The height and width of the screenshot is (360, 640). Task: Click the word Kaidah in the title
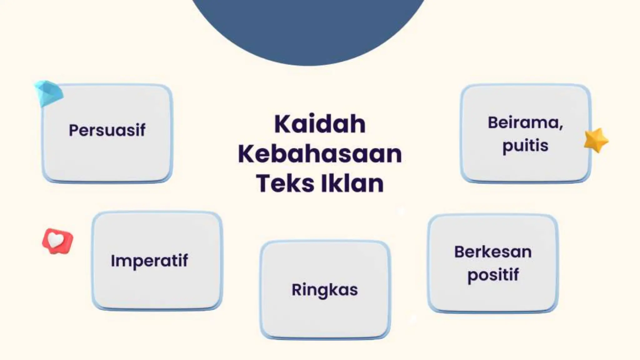tap(320, 124)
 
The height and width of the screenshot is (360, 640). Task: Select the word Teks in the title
tap(285, 183)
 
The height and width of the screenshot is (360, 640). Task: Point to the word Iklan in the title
tap(352, 183)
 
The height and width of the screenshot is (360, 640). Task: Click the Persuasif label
tap(107, 130)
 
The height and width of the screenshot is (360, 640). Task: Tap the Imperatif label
tap(149, 261)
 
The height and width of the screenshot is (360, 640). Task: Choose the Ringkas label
tap(325, 290)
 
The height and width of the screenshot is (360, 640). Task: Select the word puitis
tap(525, 146)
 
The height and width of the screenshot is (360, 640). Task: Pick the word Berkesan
tap(493, 252)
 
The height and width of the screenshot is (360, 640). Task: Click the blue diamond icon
tap(48, 93)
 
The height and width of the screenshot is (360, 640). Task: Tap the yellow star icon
tap(596, 140)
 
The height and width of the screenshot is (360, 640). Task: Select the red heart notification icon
tap(57, 241)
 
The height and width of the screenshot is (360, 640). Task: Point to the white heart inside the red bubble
tap(56, 239)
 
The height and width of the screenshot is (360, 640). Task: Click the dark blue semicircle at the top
tap(308, 28)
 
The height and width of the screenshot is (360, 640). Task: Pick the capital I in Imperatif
tap(113, 260)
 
